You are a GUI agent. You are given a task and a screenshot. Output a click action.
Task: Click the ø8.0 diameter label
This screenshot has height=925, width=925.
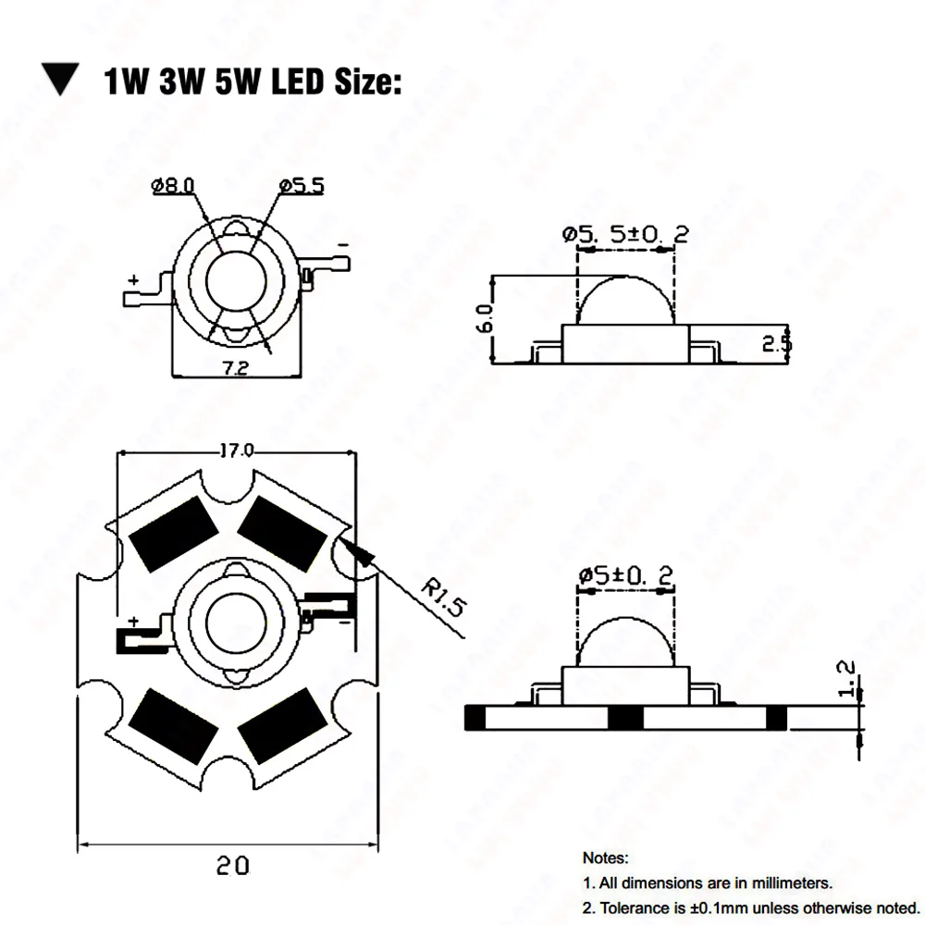(173, 186)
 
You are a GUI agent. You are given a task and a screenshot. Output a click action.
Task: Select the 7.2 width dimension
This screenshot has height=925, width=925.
(235, 368)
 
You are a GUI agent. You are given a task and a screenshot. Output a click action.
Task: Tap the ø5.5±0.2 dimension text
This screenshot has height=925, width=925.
(625, 234)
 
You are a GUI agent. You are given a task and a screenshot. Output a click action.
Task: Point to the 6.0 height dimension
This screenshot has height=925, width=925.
(485, 318)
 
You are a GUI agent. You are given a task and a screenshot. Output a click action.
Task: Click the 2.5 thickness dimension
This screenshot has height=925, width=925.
(776, 343)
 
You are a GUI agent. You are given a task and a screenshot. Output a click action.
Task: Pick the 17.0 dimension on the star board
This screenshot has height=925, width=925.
(237, 451)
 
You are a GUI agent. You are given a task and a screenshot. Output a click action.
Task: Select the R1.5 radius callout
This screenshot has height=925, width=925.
(444, 598)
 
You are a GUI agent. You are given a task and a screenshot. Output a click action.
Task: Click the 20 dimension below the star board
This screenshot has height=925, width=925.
(232, 866)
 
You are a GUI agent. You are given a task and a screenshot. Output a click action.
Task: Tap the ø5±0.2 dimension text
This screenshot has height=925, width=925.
(625, 575)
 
